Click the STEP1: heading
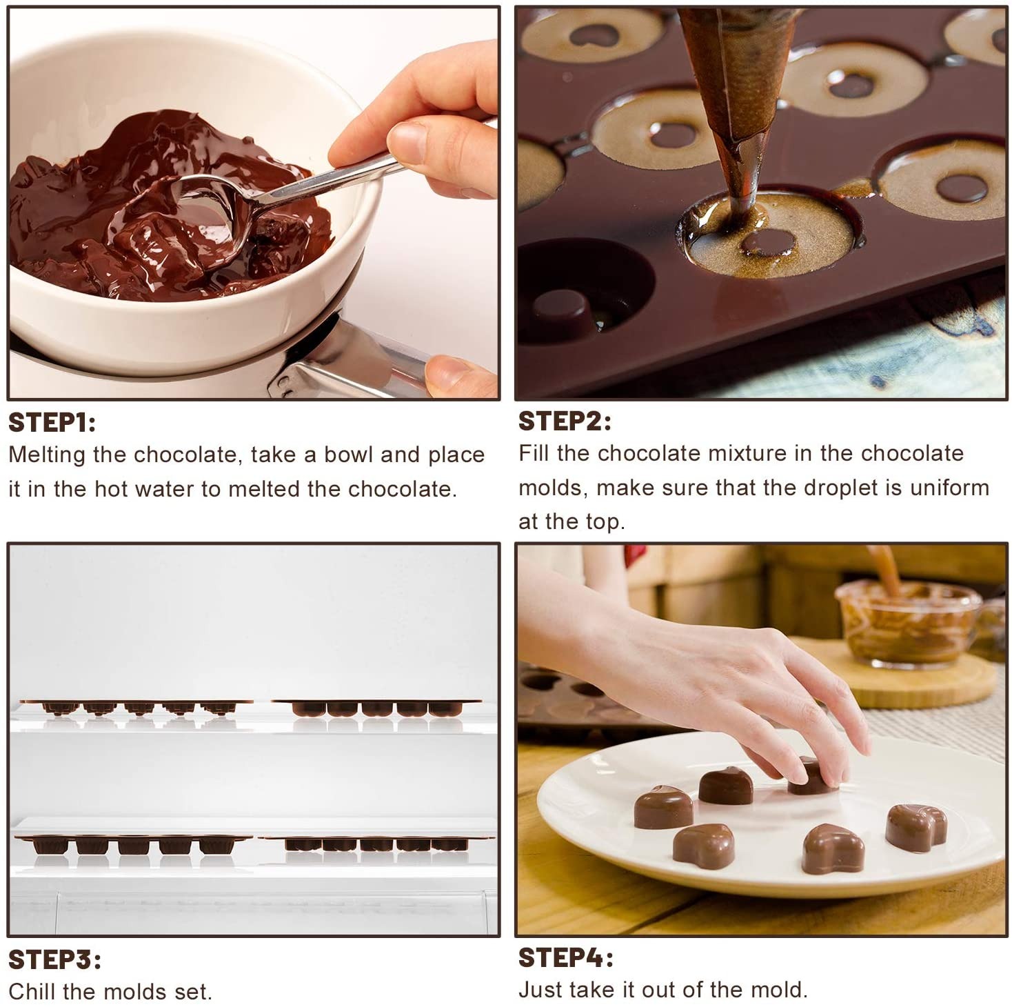pos(52,422)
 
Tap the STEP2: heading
pos(564,421)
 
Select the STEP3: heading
pos(54,959)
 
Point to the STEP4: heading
pos(565,957)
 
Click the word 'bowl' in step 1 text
pos(348,455)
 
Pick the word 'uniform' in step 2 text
pos(949,488)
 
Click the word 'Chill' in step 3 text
pos(32,992)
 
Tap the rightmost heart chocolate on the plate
pos(915,827)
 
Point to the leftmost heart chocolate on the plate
pos(662,806)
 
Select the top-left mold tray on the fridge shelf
pos(137,706)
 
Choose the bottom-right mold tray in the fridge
pos(376,843)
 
